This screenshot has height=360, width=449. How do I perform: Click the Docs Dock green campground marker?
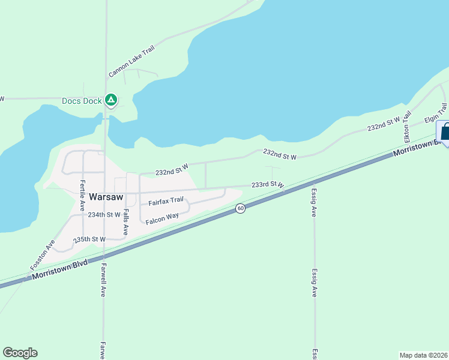click(110, 100)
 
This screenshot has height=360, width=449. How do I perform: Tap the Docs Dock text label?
click(82, 101)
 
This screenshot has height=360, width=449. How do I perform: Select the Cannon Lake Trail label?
click(131, 62)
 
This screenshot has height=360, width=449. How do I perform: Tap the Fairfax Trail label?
click(166, 201)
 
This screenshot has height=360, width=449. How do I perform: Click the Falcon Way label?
click(163, 218)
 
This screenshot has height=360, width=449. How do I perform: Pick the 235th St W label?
click(89, 239)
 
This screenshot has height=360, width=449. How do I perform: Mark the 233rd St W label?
click(267, 185)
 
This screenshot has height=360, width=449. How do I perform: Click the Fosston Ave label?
click(43, 254)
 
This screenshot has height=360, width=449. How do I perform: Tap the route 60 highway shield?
click(240, 208)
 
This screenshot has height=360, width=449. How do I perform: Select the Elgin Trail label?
click(436, 113)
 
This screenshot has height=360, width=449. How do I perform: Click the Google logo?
click(20, 353)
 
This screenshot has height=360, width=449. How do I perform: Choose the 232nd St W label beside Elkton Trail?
click(384, 124)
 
